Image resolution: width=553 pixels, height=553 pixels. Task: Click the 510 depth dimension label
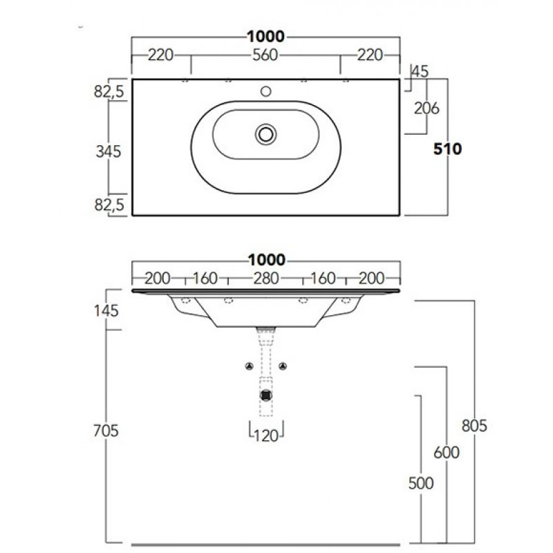(x=447, y=149)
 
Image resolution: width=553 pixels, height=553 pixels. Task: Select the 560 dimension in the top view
(x=265, y=55)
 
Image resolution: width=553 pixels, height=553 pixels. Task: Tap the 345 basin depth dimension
(x=109, y=151)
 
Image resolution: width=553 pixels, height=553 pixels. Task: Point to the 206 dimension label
(x=427, y=109)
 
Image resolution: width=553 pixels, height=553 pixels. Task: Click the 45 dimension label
(x=420, y=72)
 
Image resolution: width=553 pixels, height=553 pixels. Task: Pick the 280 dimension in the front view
(x=266, y=279)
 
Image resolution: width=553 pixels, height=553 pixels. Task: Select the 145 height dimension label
(x=106, y=311)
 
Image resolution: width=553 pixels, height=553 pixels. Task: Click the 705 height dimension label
(x=106, y=431)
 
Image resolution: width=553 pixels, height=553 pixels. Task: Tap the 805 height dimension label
(x=474, y=426)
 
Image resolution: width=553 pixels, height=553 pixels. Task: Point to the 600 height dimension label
(x=447, y=453)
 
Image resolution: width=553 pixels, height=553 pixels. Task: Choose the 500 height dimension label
(x=421, y=483)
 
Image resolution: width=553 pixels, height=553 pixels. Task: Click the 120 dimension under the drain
(x=266, y=436)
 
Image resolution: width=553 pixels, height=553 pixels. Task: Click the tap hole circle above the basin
(x=265, y=92)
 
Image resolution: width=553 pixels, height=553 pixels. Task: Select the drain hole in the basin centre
(x=265, y=134)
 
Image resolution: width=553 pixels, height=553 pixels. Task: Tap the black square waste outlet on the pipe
(x=266, y=395)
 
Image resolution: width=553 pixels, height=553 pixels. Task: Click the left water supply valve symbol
(x=250, y=366)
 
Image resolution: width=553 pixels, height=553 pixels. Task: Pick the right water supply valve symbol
(x=283, y=366)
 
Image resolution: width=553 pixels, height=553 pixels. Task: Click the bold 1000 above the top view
(x=265, y=37)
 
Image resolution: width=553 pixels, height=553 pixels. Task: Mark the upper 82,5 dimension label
(x=109, y=92)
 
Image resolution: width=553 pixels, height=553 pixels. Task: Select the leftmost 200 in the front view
(x=158, y=279)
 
